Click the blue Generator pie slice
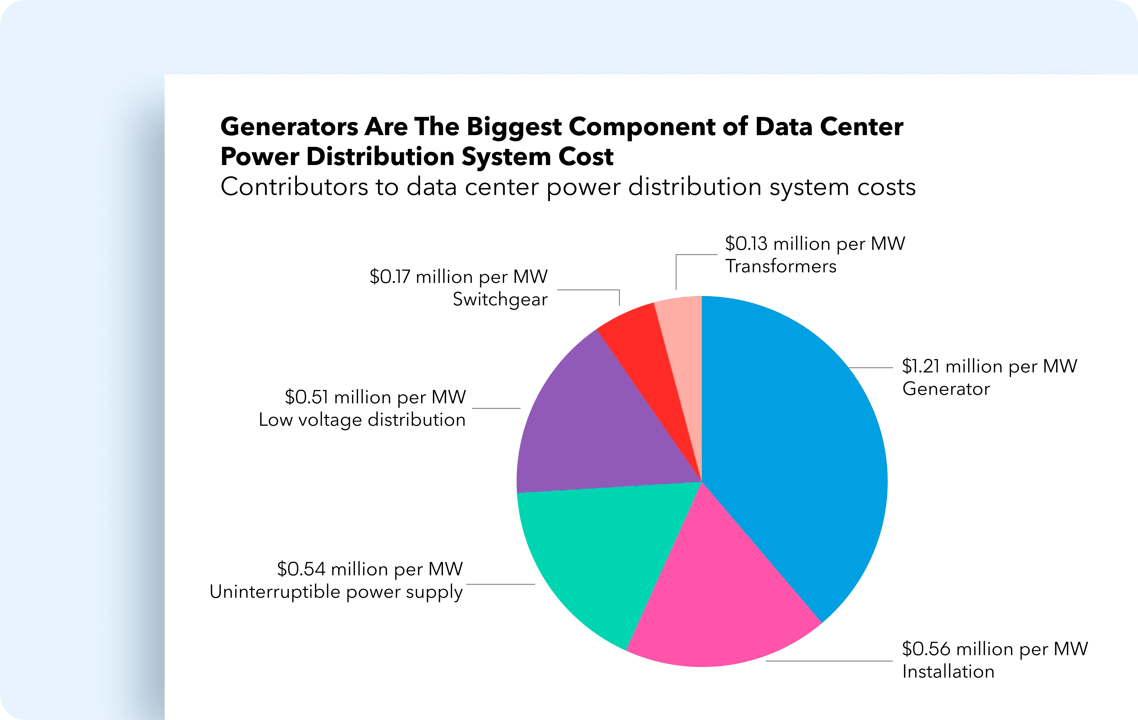point(799,454)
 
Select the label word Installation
point(948,671)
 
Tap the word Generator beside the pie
point(946,389)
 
